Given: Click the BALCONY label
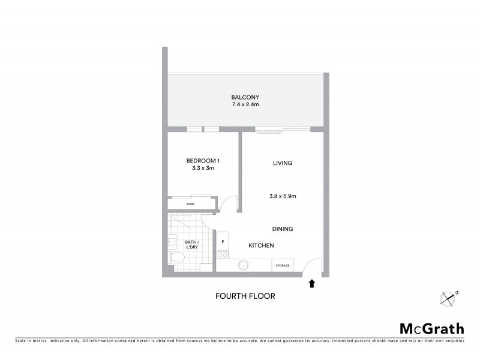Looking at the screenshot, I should tap(245, 97).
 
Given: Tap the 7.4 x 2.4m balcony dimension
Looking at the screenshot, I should tap(245, 105).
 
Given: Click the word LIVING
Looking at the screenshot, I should tap(282, 163).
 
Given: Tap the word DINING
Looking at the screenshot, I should tap(282, 229).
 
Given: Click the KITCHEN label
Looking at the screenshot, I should tap(262, 245).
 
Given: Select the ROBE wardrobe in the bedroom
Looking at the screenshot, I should tap(191, 204).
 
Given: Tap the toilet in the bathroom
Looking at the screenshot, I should tap(178, 259).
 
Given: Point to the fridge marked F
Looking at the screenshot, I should tap(223, 242).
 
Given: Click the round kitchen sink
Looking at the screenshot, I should tap(244, 265).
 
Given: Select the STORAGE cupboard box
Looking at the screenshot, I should tap(283, 265).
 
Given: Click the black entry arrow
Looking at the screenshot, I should tap(311, 283).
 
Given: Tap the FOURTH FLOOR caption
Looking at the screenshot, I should tap(245, 296).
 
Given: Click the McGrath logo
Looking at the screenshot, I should tap(432, 328).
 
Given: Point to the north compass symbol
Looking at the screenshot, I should tap(449, 298).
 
